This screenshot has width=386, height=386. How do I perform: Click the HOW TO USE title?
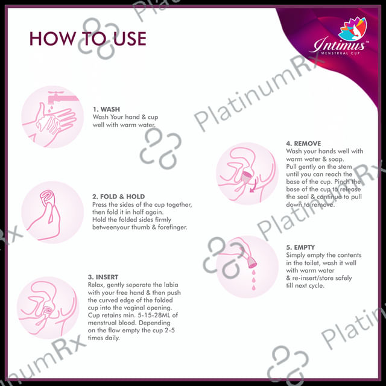[88, 39]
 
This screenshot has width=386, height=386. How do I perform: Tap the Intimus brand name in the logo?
[340, 45]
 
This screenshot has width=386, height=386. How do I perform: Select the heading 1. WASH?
[106, 109]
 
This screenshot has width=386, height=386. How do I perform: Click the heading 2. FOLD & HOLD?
[118, 197]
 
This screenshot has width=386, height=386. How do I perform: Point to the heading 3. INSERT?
[103, 277]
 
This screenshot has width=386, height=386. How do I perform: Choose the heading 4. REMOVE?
[303, 144]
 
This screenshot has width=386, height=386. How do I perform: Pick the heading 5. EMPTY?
[300, 247]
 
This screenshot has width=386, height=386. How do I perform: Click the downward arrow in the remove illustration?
[254, 185]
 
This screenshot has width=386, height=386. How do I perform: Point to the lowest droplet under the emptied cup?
[253, 287]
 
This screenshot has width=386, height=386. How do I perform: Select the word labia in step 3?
[171, 285]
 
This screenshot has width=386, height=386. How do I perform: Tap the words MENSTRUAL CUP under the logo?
[340, 53]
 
